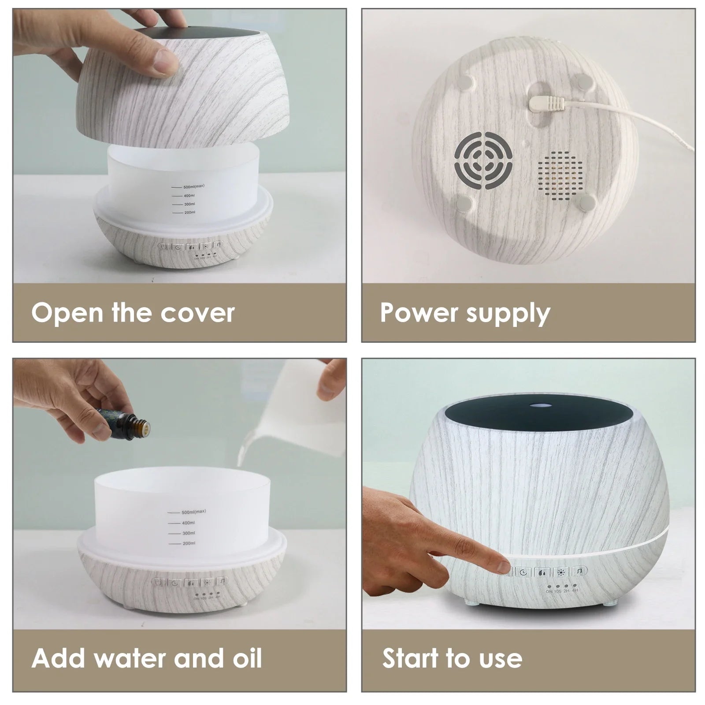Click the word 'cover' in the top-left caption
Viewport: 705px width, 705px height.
pos(197,313)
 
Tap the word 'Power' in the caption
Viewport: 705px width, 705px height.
pos(413,313)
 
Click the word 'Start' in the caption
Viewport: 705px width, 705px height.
pos(411,658)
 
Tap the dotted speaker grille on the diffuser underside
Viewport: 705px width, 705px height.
pos(560,174)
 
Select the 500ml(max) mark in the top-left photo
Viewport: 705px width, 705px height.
pos(194,186)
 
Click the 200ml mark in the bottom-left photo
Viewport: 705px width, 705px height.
pos(189,543)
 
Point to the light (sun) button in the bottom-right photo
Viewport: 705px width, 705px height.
pos(560,572)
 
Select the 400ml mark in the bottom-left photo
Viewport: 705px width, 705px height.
pos(189,523)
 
